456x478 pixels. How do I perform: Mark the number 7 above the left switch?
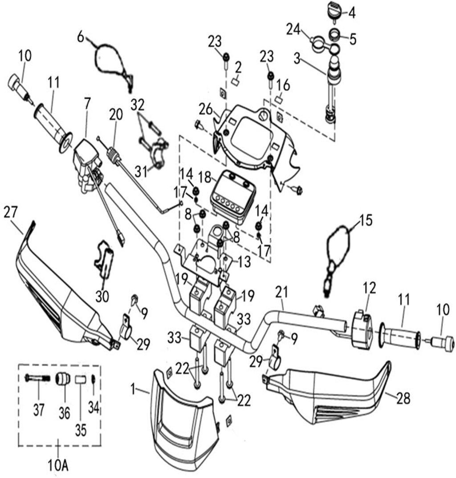tap(87, 104)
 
